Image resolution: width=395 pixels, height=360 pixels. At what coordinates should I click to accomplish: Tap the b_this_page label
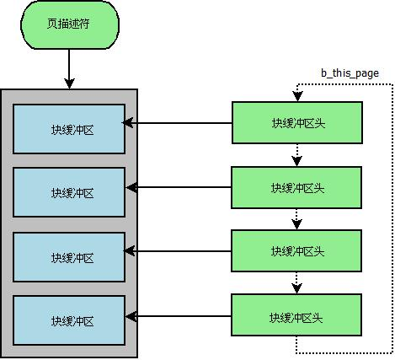(x=350, y=73)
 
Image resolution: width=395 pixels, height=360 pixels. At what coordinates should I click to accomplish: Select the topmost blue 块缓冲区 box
(x=70, y=129)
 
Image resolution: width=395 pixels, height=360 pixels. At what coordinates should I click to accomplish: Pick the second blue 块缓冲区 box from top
(x=70, y=192)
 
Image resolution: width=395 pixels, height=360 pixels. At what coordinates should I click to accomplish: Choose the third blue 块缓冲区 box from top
(x=70, y=257)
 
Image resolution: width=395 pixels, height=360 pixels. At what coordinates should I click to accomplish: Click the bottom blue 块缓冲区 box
(x=70, y=320)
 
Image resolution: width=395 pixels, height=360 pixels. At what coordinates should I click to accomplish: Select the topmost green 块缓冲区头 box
(x=296, y=123)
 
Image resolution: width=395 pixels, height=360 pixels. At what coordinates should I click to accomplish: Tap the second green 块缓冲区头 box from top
(x=296, y=187)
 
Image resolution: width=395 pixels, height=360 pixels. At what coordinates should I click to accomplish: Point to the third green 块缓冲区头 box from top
(x=296, y=251)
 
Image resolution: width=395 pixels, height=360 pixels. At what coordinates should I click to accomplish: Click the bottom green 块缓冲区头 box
(x=296, y=317)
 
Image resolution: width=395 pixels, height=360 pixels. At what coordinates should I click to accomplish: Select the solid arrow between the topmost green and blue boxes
(x=179, y=123)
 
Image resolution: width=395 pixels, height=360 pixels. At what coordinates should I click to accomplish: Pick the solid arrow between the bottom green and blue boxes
(x=179, y=317)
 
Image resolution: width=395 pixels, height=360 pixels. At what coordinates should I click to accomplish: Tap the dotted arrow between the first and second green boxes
(x=296, y=154)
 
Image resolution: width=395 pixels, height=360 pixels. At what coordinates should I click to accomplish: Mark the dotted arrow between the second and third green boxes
(x=296, y=219)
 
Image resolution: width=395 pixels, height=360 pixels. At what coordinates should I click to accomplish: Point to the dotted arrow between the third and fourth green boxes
(x=296, y=282)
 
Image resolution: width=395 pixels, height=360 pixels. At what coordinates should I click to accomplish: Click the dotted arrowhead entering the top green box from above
(x=296, y=96)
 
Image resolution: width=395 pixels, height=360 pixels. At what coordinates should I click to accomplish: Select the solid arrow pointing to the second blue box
(x=179, y=187)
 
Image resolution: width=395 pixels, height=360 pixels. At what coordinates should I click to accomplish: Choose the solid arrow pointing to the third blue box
(x=179, y=251)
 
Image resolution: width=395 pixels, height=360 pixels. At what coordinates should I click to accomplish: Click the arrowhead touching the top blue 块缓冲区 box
(x=131, y=123)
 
